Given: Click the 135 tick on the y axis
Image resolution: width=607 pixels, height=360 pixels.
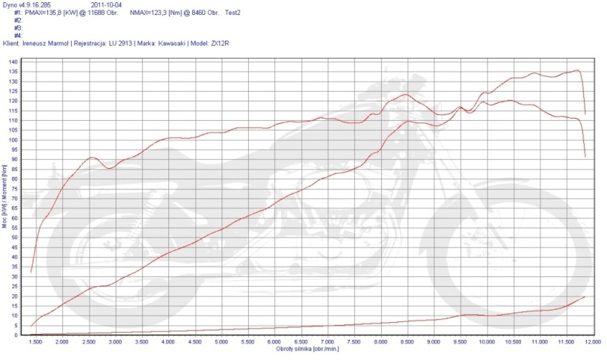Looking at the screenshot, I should click(x=15, y=72).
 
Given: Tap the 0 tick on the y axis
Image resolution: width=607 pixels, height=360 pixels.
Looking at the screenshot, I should click(x=17, y=335).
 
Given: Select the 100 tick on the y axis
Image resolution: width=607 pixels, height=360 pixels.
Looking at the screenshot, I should click(x=15, y=140).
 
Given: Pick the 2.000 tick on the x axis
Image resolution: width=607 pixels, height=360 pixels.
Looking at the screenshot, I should click(x=62, y=342).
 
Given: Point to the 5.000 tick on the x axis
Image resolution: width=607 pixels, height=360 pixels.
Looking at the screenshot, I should click(x=221, y=342).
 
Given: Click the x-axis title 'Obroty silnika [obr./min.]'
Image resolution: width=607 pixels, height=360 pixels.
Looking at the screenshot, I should click(x=308, y=349).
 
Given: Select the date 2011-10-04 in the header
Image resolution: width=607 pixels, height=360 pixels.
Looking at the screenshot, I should click(x=107, y=5).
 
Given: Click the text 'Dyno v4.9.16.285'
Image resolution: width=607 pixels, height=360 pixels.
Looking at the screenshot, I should click(x=27, y=5).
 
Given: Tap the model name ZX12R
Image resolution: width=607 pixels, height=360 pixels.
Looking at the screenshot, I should click(x=221, y=43).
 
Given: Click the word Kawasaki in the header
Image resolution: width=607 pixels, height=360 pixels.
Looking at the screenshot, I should click(x=173, y=43).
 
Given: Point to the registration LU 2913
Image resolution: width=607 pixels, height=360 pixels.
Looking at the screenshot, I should click(x=119, y=43).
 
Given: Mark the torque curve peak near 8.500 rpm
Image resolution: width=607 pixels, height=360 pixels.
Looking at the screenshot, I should click(x=405, y=94).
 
